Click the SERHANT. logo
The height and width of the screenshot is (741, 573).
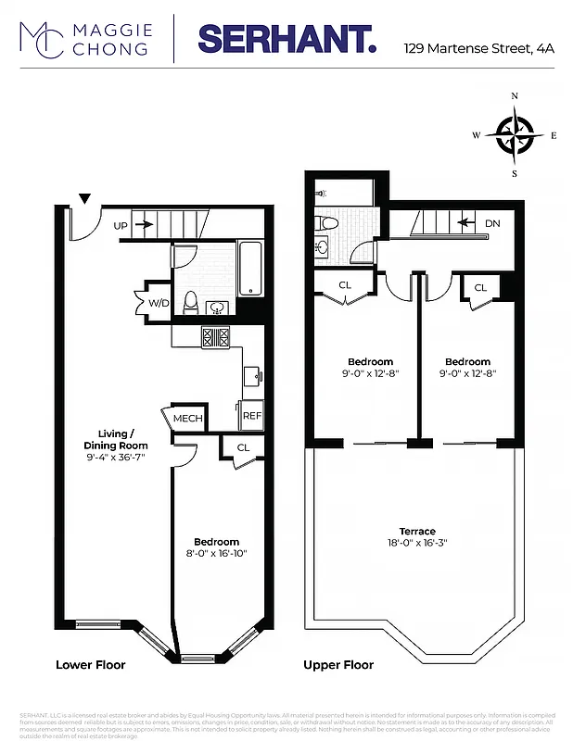[286, 39]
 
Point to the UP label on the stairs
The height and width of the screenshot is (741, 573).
[121, 225]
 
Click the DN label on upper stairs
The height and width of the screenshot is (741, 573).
[492, 224]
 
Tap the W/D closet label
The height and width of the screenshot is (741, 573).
[159, 303]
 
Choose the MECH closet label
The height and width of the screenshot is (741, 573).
[188, 419]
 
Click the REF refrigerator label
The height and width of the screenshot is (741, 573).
[251, 416]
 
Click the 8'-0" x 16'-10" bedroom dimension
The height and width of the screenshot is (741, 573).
[217, 554]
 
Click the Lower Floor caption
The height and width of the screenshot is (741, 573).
[90, 665]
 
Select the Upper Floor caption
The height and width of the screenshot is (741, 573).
[339, 665]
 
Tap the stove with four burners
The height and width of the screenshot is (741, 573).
[215, 336]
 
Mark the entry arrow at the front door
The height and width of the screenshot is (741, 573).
[84, 198]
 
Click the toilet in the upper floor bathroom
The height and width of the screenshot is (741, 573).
[327, 223]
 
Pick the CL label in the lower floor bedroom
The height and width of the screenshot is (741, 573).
[243, 447]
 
